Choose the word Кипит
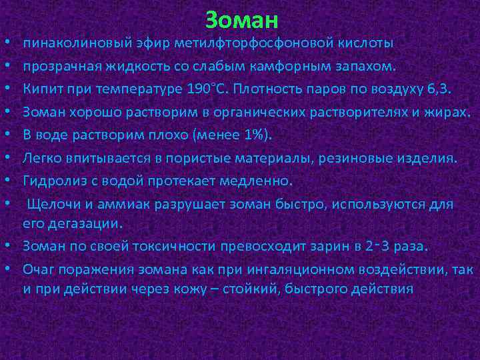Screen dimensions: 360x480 pos(39,90)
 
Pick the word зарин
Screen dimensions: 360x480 pos(319,246)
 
